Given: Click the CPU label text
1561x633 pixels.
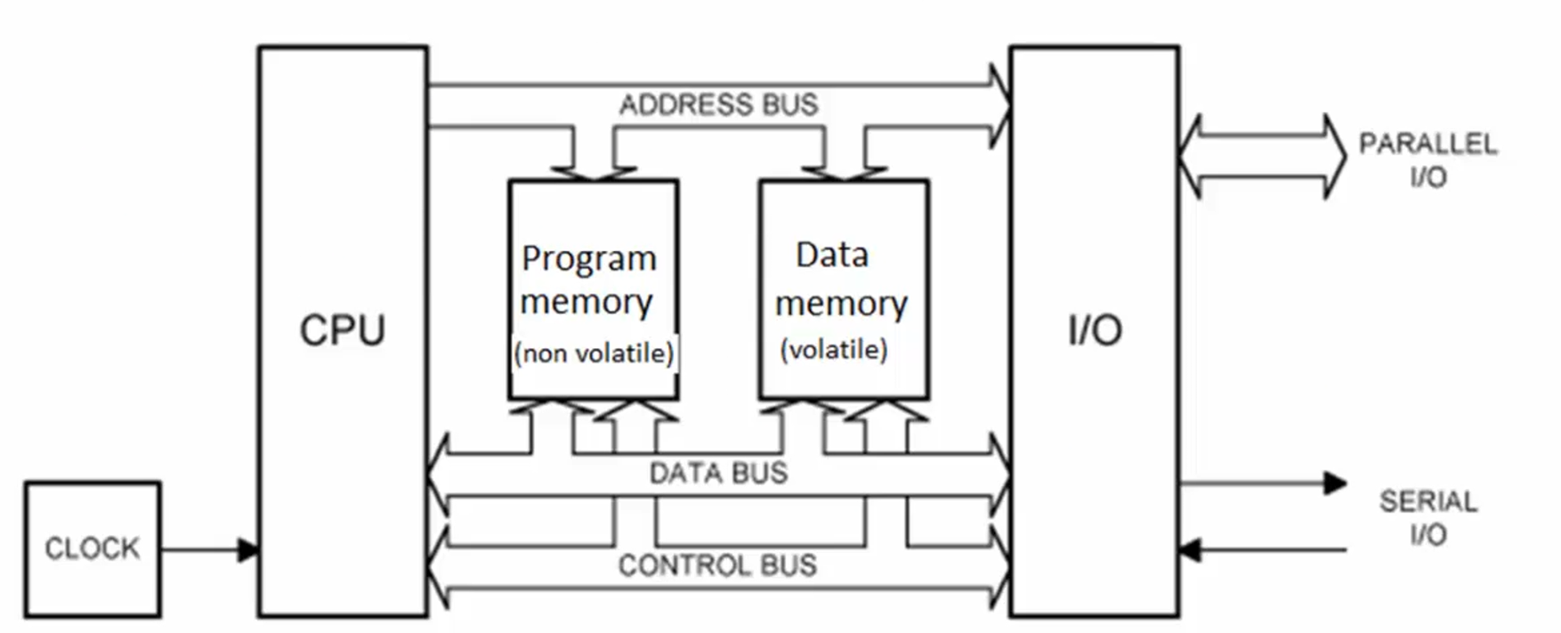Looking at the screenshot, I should point(343,330).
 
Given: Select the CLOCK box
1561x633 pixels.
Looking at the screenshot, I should point(93,548).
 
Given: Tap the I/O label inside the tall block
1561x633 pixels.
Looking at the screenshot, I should point(1095,330).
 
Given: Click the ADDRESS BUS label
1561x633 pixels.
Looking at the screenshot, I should point(718,105).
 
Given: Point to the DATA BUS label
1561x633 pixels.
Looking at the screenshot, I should point(718,473).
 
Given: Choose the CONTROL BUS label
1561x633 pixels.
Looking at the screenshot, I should point(717,565).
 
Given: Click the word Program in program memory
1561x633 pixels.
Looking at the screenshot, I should point(589,258).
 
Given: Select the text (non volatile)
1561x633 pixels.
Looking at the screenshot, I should point(594,353).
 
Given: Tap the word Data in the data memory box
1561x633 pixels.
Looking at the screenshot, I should point(832,256).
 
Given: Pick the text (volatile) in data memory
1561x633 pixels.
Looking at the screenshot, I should point(834,349).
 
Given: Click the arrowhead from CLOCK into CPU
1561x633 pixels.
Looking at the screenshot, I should point(248,549).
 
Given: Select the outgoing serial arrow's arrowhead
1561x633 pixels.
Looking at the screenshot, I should point(1335,483).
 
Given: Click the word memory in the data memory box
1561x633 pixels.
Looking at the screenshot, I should point(841,304).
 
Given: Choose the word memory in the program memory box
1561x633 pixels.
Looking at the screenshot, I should point(586,302).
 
